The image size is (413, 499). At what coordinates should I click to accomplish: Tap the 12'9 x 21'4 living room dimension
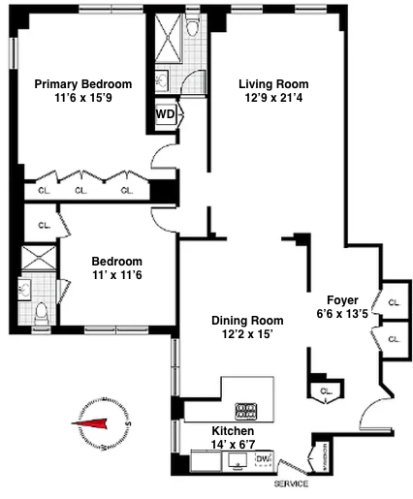point(272,99)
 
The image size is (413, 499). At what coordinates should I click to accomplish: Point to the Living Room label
point(272,84)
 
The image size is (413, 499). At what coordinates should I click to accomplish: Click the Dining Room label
point(247,320)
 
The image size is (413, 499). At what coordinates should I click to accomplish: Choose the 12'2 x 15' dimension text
point(247,334)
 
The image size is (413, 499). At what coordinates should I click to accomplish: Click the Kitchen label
point(233,430)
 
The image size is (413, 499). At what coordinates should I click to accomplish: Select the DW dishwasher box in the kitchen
point(263,458)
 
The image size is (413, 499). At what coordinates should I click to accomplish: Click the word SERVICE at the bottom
point(291,483)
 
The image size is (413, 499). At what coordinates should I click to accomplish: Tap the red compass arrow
point(94,422)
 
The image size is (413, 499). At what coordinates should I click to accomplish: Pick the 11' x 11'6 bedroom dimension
point(116,276)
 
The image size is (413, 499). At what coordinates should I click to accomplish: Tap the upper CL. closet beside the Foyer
point(393,301)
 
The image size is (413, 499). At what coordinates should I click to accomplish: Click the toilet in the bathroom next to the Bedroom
point(41,313)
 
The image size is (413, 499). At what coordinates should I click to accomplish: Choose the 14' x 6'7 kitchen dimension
point(233,445)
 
